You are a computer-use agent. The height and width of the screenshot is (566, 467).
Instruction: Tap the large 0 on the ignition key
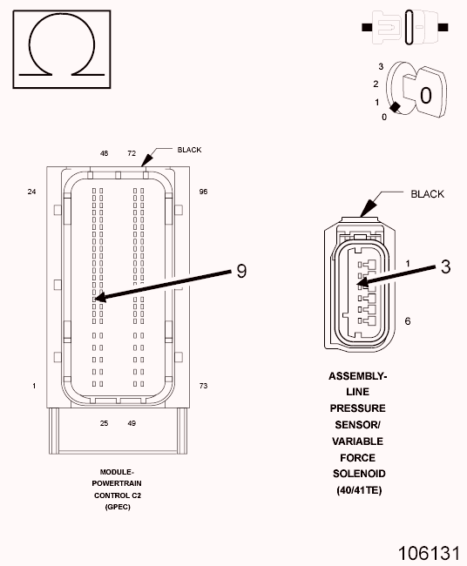[426, 96]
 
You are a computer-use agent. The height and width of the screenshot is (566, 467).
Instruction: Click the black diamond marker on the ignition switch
[395, 107]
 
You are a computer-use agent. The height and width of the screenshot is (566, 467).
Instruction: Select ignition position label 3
[381, 66]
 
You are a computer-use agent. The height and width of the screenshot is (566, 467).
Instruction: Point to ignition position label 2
[376, 84]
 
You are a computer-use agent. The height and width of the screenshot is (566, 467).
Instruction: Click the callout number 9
[241, 271]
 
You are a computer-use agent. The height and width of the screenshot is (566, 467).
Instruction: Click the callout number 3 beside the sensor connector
[446, 266]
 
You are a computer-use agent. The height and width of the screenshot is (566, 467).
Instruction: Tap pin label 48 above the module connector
[104, 153]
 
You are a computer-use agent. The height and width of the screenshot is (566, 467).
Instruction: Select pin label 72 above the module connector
[132, 153]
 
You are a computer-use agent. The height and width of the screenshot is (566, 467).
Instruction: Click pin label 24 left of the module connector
[31, 192]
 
